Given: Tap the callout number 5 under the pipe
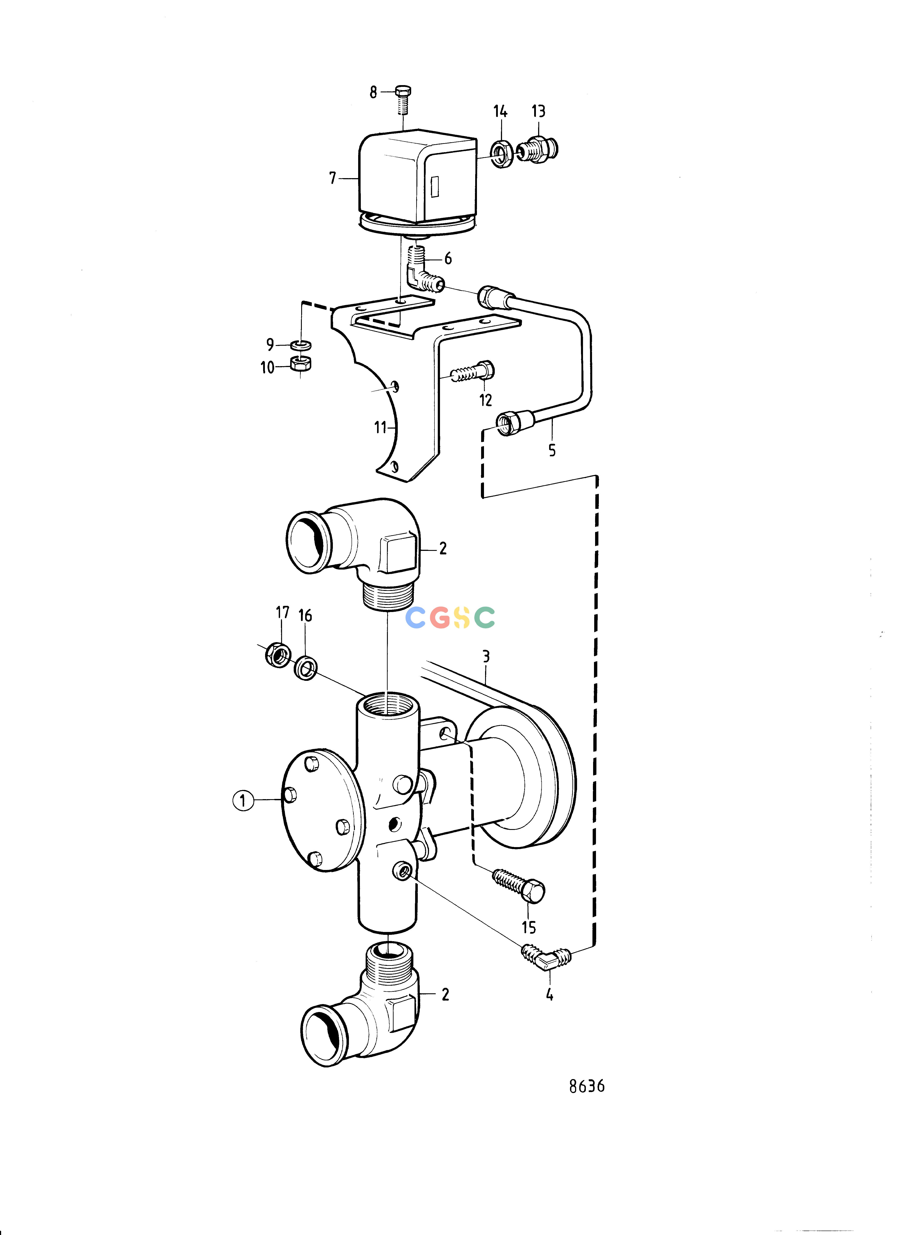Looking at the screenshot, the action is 552,450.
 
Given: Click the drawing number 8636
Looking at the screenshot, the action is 587,1086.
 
